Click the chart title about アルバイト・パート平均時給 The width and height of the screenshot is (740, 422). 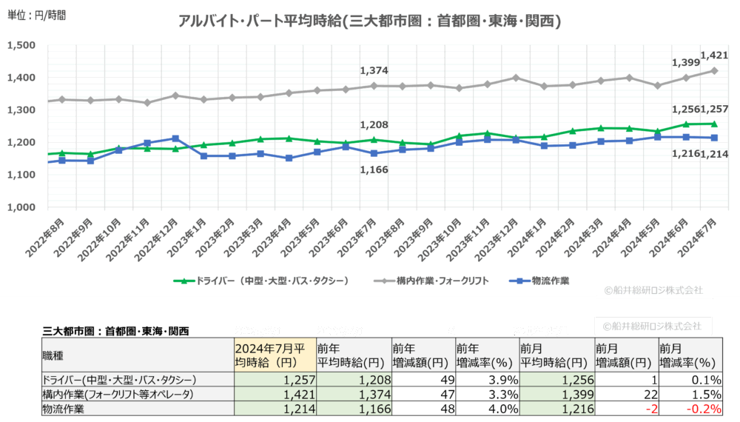coord(370,21)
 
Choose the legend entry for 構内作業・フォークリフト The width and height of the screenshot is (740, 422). coord(430,281)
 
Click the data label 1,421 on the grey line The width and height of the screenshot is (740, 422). coord(713,55)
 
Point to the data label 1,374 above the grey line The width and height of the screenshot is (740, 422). coord(374,70)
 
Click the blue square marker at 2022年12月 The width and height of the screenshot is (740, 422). coord(175,138)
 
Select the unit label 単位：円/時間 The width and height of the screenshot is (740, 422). coord(36,15)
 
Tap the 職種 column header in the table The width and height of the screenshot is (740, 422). coord(56,356)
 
